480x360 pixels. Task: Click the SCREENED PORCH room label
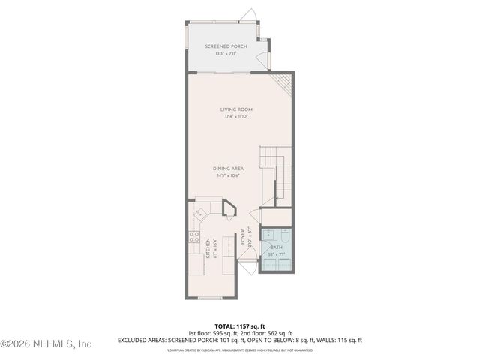(226, 46)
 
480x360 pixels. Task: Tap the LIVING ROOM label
(235, 109)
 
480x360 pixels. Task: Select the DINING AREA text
(232, 169)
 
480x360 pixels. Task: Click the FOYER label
(243, 238)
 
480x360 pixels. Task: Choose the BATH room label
(276, 247)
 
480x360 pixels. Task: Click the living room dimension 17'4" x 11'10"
(235, 117)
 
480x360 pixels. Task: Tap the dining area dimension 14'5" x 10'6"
(232, 177)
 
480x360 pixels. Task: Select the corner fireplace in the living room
(282, 82)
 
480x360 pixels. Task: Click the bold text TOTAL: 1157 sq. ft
(239, 325)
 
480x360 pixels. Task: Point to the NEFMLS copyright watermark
(46, 343)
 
